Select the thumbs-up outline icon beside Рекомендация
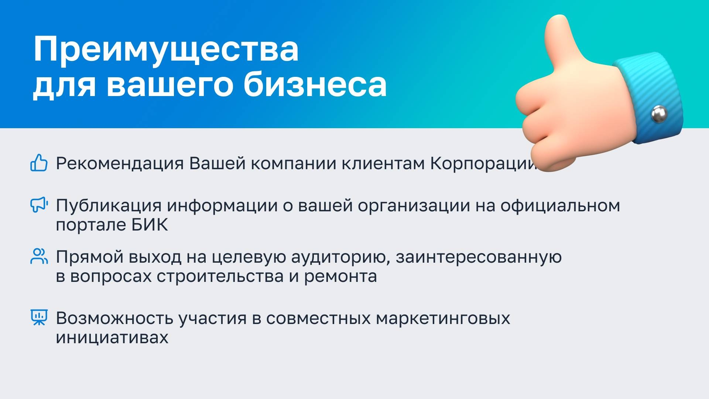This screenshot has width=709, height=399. [39, 163]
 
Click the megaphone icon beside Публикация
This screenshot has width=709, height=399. [39, 205]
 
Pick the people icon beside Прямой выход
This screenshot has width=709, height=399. [39, 256]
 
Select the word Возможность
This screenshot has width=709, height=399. [114, 318]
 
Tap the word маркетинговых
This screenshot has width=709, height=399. [443, 318]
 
